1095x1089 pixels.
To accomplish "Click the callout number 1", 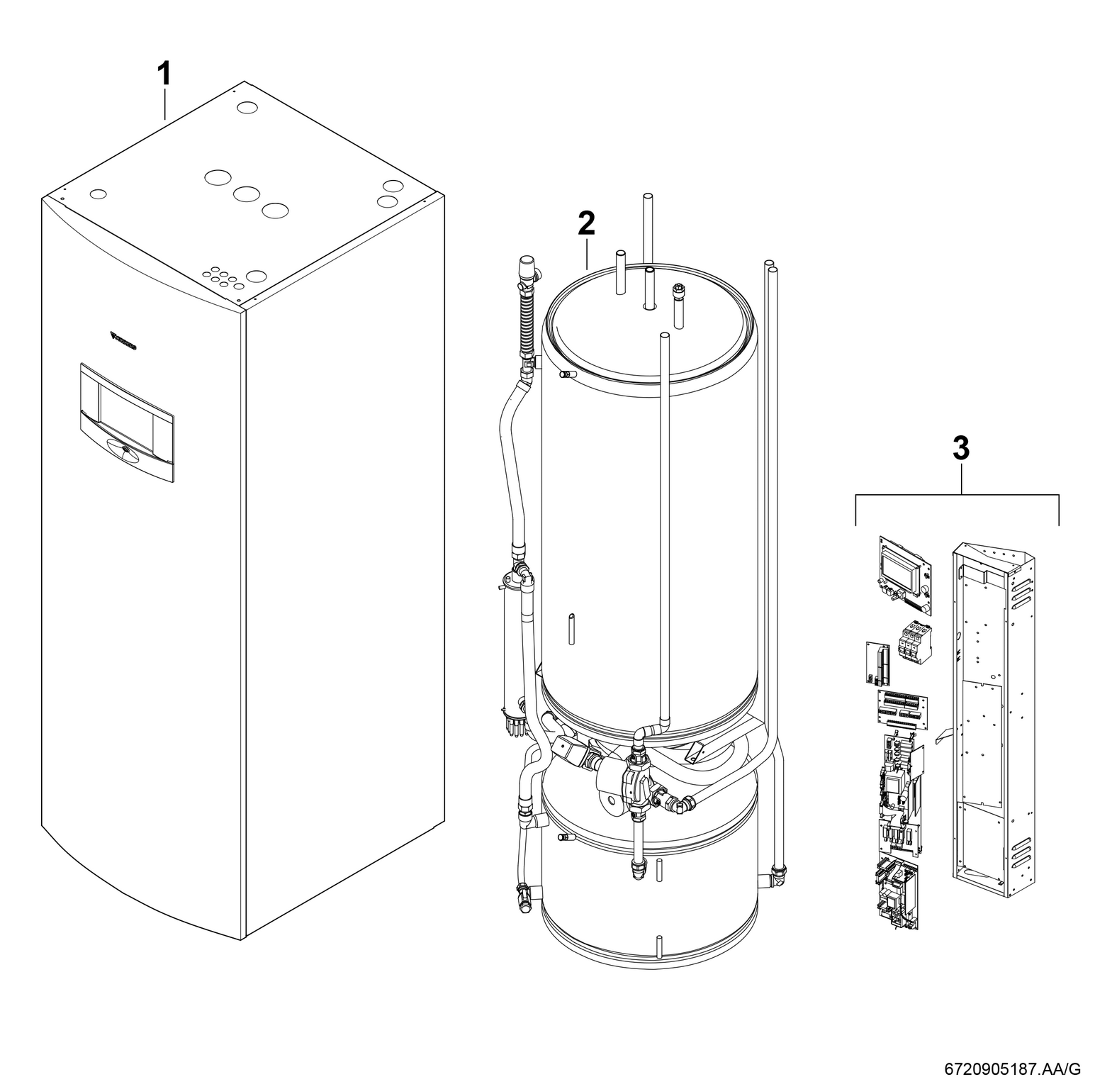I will click(x=164, y=74).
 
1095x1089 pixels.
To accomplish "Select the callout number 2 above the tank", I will click(x=586, y=224).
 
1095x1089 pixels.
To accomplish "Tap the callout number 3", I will click(x=960, y=449).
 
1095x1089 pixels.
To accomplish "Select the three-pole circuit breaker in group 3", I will click(x=914, y=641).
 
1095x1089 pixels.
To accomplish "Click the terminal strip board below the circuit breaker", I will click(x=902, y=707).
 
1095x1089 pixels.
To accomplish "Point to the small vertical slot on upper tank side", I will click(x=571, y=628).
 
